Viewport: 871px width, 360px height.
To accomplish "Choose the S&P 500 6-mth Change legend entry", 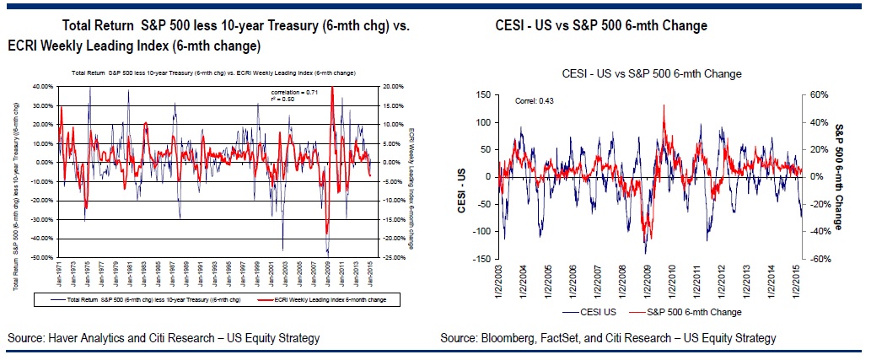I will pos(687,312).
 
